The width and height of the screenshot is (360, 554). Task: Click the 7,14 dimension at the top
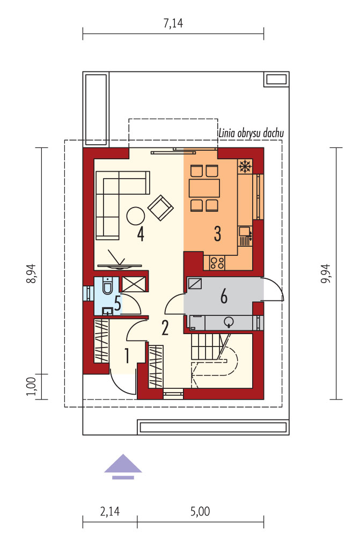[x=173, y=23]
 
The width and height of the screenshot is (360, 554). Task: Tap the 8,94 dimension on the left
[x=33, y=274]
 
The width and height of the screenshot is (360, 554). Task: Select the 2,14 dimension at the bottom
[x=110, y=511]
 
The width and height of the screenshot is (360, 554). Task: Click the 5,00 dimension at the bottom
[x=200, y=511]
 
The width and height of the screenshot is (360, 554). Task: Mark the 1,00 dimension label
[x=32, y=387]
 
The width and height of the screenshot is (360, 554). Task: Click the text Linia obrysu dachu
[x=251, y=133]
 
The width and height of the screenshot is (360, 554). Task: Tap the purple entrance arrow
[x=123, y=467]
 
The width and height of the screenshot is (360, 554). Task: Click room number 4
[x=141, y=234]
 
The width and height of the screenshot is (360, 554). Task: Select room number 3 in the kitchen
[x=218, y=234]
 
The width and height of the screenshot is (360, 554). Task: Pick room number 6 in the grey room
[x=224, y=297]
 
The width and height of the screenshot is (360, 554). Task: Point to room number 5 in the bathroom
[x=117, y=304]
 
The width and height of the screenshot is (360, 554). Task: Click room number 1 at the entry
[x=127, y=356]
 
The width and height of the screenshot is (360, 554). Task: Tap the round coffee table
[x=135, y=216]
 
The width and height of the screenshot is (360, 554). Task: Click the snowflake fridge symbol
[x=245, y=166]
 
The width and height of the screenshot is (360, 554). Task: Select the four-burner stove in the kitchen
[x=217, y=263]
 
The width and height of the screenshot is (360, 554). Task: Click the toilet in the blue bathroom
[x=107, y=286]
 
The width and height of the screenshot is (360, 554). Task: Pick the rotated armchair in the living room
[x=160, y=208]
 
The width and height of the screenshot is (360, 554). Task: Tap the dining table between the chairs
[x=204, y=188]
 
